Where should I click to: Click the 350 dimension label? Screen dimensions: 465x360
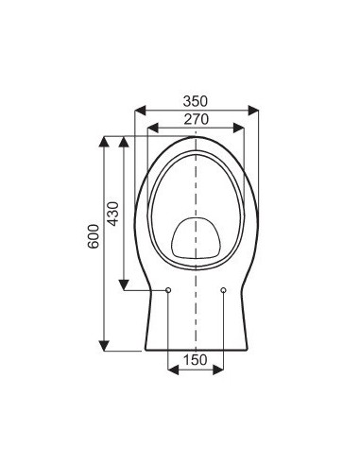196,100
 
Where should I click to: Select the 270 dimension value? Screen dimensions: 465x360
196,118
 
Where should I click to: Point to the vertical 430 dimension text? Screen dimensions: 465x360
111,214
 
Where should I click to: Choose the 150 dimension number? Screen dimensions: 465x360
195,359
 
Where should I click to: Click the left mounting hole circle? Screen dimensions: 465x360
167,290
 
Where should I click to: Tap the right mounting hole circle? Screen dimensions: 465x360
223,290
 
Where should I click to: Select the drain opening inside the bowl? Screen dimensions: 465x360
196,237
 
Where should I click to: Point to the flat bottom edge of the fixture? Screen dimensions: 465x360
196,351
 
